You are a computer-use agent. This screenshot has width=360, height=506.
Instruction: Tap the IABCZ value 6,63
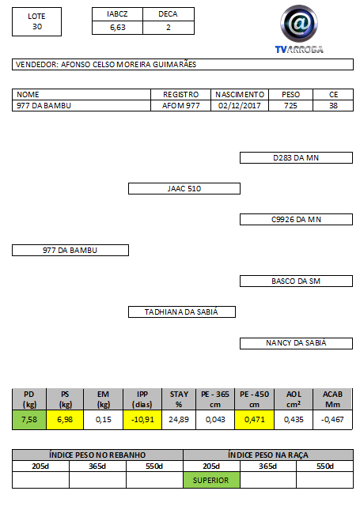118,28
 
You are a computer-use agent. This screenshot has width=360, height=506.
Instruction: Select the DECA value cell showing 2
169,28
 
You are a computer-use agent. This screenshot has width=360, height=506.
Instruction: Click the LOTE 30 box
37,21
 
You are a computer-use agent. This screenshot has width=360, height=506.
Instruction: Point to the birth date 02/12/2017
239,105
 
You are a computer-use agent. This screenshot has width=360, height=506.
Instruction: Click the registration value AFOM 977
181,105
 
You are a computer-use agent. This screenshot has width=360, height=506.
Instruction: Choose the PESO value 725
290,105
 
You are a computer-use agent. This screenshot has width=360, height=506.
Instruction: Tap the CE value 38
333,105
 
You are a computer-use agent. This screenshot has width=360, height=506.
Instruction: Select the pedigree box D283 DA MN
296,158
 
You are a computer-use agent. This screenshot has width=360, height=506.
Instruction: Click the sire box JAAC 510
184,188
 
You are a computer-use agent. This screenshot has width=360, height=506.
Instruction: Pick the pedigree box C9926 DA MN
296,220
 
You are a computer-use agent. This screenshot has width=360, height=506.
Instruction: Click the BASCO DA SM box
296,281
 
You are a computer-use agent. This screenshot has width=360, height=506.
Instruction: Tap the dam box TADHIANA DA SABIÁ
182,312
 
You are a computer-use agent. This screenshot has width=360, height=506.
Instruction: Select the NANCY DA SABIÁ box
296,343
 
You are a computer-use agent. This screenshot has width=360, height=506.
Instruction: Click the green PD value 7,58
29,420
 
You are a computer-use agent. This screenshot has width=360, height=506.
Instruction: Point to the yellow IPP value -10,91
142,420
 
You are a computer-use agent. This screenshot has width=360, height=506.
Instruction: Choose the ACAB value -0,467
332,420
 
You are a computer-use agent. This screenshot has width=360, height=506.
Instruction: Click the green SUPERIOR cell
211,480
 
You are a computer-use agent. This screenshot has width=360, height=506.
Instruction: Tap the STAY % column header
179,399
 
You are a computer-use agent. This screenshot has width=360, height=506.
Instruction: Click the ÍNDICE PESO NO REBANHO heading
97,455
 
